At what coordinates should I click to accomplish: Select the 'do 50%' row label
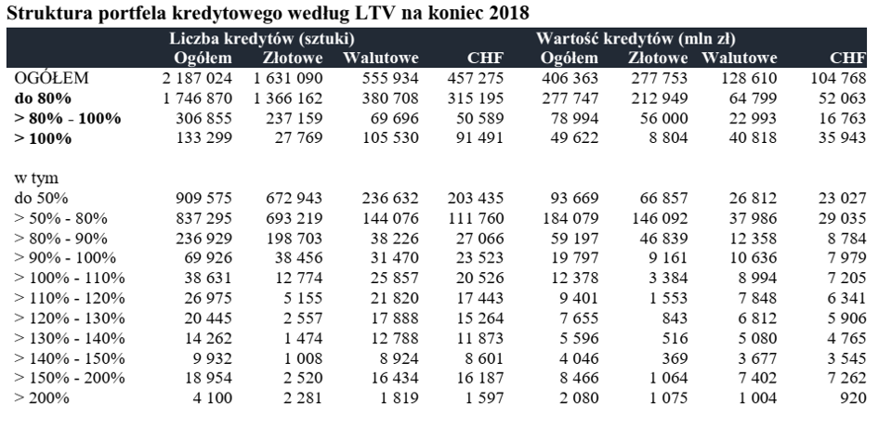[x=41, y=197]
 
